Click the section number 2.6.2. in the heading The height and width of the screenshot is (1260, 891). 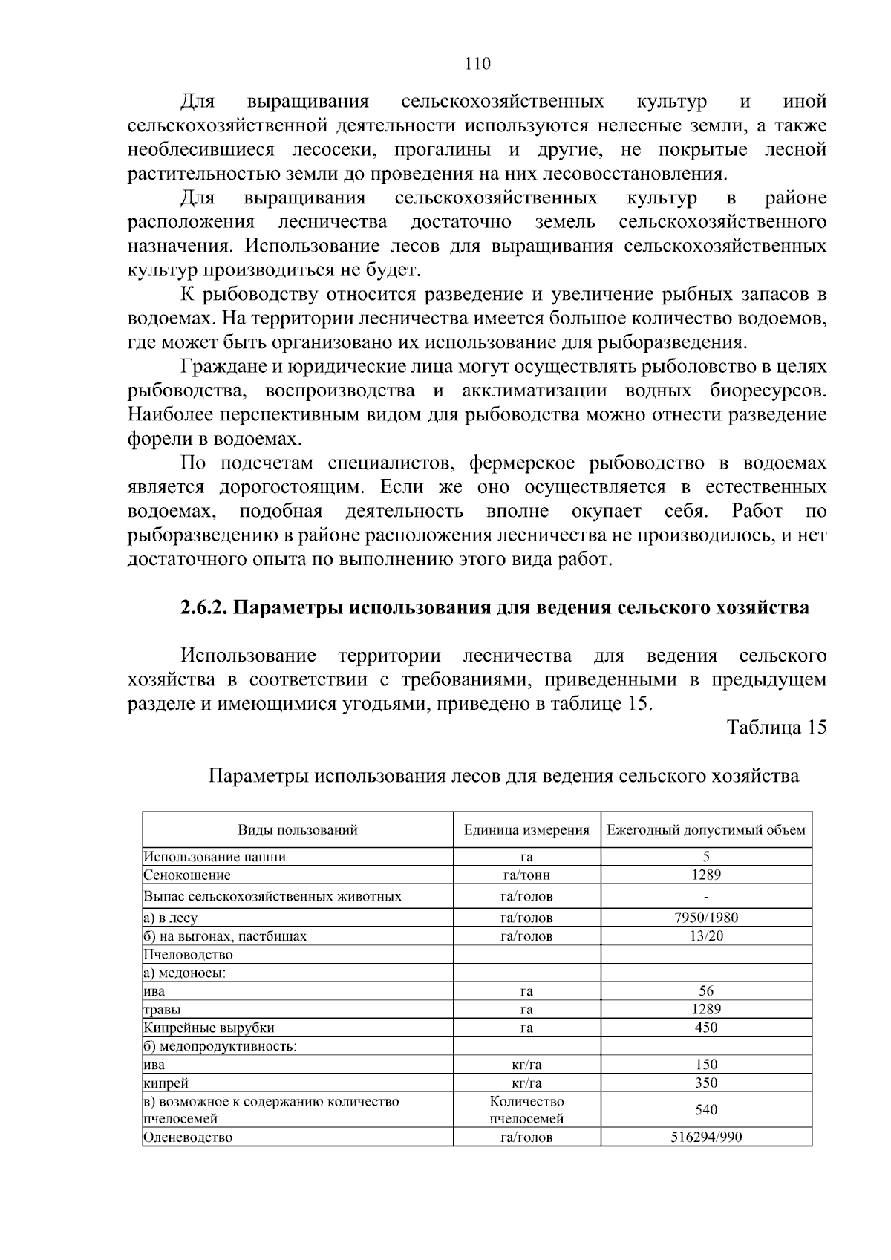[205, 607]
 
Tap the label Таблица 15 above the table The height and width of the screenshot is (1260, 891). [777, 727]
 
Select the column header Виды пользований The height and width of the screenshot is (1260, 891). [297, 829]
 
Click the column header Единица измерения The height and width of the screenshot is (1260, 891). [526, 829]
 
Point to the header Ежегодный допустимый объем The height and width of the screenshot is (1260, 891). [705, 829]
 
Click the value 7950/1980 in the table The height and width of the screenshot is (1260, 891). [705, 918]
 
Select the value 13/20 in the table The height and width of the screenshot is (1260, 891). [705, 936]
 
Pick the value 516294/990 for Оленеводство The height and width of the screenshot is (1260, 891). [705, 1137]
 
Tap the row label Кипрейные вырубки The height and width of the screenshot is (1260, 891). [209, 1028]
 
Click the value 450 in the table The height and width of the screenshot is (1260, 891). [705, 1028]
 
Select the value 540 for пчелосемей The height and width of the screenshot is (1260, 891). [705, 1110]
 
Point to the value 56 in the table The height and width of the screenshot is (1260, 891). [705, 991]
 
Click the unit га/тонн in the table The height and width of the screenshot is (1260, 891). [526, 875]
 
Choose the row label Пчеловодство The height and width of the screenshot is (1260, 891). [189, 955]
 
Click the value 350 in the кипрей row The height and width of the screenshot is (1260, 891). [705, 1083]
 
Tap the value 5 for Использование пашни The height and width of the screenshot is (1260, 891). [705, 857]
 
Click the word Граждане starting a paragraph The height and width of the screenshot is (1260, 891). [220, 367]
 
